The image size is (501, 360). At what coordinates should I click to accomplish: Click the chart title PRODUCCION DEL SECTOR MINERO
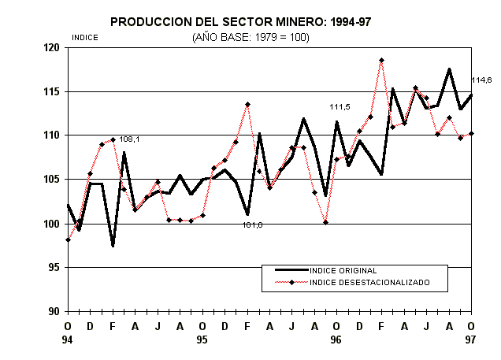coord(240,21)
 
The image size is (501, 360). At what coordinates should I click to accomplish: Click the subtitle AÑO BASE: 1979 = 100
coord(239,36)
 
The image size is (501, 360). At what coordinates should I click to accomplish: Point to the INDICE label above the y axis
coord(84,37)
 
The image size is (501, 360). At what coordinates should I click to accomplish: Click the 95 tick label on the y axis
coord(54,268)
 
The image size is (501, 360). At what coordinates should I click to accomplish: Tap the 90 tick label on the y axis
coord(54,311)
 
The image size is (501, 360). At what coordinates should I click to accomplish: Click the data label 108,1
coord(129,139)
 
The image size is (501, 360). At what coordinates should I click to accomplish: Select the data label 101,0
coord(252,225)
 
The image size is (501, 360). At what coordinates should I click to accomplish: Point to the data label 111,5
coord(340,106)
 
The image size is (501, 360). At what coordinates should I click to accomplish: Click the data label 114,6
coord(481,80)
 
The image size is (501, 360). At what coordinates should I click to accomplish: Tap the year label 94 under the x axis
coord(68,340)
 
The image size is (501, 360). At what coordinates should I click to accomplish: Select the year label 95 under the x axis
coord(202,340)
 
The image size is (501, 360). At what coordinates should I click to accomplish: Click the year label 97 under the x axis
coord(471,340)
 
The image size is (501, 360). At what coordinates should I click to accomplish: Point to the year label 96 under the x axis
coord(336,340)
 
